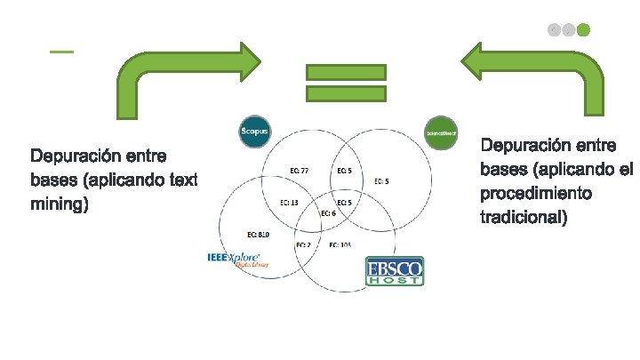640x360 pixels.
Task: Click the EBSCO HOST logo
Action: [395, 271]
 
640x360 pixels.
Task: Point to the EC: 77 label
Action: [300, 171]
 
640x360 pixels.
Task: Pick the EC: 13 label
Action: [289, 203]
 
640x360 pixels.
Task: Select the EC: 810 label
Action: [258, 235]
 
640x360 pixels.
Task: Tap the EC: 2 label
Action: [302, 244]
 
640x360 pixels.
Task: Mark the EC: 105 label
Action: [341, 244]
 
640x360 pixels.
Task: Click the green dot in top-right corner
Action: [583, 29]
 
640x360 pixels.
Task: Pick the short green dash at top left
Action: [61, 52]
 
